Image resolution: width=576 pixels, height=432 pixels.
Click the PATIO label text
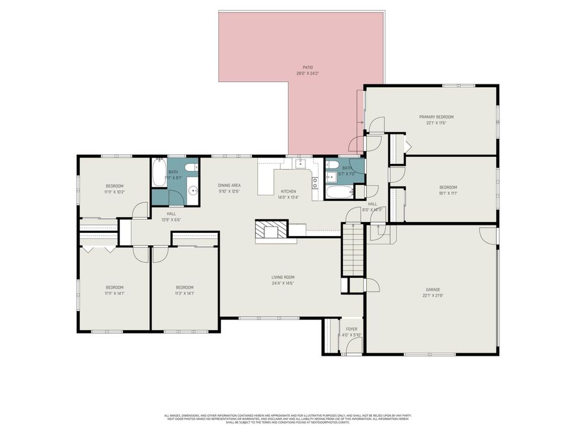click(x=308, y=67)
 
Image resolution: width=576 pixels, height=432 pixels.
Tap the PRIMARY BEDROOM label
click(x=436, y=117)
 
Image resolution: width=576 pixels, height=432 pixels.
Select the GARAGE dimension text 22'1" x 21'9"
click(x=433, y=296)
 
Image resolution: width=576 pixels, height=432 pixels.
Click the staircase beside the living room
click(x=353, y=250)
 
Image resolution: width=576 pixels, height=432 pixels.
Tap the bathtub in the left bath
click(x=159, y=172)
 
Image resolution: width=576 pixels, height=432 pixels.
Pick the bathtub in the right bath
click(x=339, y=191)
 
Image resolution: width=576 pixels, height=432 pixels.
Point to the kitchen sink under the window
click(x=298, y=164)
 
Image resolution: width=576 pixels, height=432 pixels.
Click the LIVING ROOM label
click(x=282, y=277)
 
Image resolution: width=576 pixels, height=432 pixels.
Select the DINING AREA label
click(x=229, y=185)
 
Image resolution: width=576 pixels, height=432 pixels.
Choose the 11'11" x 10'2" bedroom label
click(x=115, y=192)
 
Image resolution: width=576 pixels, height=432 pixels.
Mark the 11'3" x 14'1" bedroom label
click(x=184, y=293)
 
